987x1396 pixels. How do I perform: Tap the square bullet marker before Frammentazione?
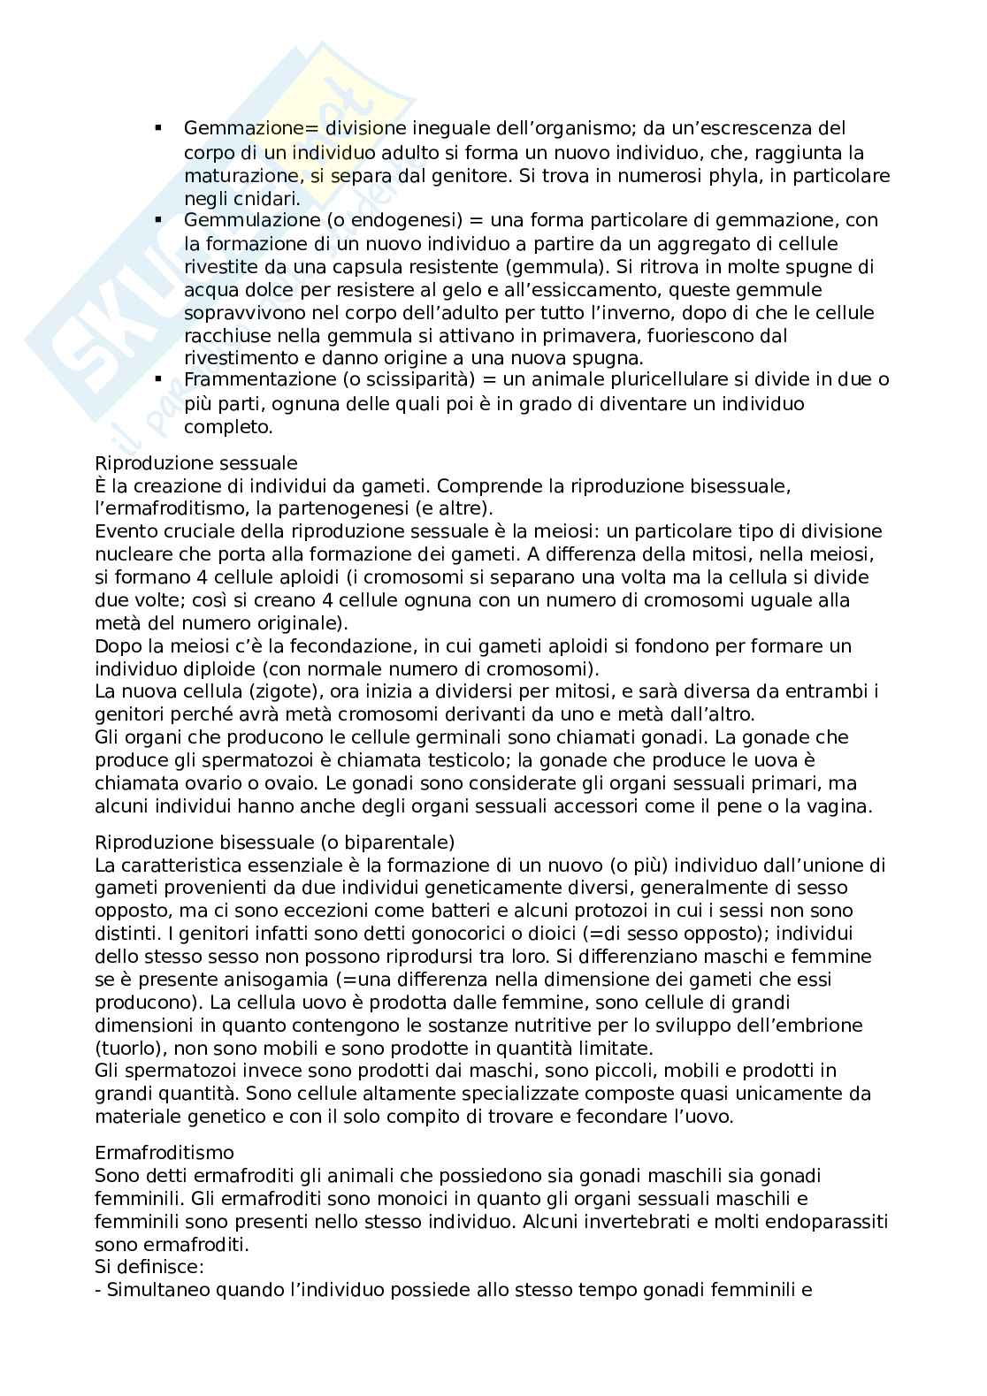[159, 379]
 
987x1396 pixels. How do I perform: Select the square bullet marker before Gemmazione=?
[159, 129]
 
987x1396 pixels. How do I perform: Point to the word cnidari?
[266, 197]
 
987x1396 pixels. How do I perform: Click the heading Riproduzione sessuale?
[195, 462]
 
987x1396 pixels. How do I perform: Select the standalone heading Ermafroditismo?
[164, 1153]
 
